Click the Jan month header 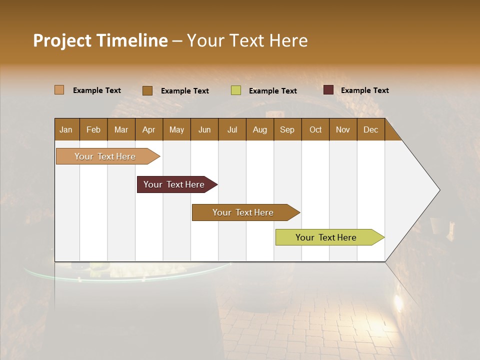click(x=66, y=129)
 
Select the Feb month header click(x=93, y=129)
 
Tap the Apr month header click(x=149, y=129)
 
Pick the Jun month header click(x=204, y=129)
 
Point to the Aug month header click(x=260, y=129)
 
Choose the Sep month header click(x=287, y=129)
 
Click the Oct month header click(x=315, y=129)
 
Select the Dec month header click(x=371, y=129)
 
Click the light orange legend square click(x=59, y=90)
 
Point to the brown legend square click(x=147, y=90)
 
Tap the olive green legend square click(x=236, y=90)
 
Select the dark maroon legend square click(x=328, y=90)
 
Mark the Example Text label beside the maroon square click(x=364, y=90)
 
